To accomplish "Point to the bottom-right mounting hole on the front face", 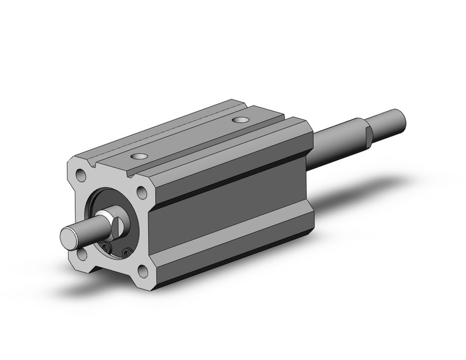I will click(143, 270).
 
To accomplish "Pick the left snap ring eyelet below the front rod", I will click(106, 248).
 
